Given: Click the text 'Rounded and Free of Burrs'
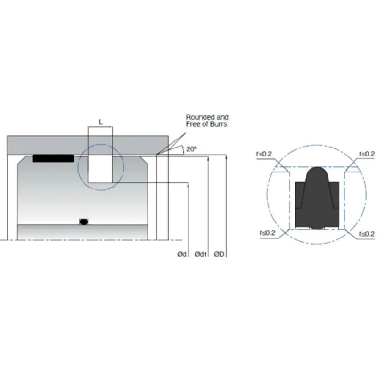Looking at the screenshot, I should (207, 121).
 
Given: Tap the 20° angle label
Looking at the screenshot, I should (191, 149).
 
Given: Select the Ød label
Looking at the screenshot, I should (182, 254).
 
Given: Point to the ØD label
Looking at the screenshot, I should (219, 254).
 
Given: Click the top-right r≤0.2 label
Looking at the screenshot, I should (367, 154).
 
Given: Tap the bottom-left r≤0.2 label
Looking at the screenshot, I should (267, 233).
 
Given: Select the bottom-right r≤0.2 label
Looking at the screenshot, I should (366, 233).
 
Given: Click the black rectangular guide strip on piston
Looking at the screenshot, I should (53, 158).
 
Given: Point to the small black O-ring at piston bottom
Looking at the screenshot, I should (84, 221).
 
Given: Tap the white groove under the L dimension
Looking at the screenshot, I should (100, 169).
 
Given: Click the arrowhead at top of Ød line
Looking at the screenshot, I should (188, 185).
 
